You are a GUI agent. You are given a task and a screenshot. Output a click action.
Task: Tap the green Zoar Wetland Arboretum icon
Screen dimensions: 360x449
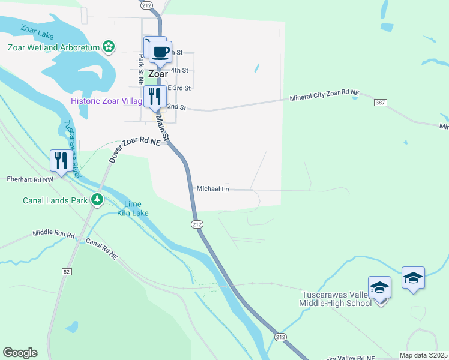[108, 46]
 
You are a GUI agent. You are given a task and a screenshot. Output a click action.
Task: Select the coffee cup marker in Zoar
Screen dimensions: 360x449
[160, 52]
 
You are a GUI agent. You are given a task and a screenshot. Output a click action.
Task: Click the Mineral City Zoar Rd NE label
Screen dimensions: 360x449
[324, 95]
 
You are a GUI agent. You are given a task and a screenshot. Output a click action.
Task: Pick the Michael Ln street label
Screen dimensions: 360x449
[213, 188]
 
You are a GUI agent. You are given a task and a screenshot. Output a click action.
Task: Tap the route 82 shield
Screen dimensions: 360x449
[66, 271]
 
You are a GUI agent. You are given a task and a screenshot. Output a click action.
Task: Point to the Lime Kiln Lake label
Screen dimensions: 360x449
[132, 208]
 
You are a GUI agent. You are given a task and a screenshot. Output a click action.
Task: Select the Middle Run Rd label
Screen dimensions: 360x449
[53, 234]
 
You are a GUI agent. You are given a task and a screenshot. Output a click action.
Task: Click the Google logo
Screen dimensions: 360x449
[20, 353]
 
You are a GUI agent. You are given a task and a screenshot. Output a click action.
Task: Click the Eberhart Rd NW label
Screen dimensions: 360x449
[30, 179]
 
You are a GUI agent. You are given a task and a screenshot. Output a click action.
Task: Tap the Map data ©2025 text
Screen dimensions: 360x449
[423, 355]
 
